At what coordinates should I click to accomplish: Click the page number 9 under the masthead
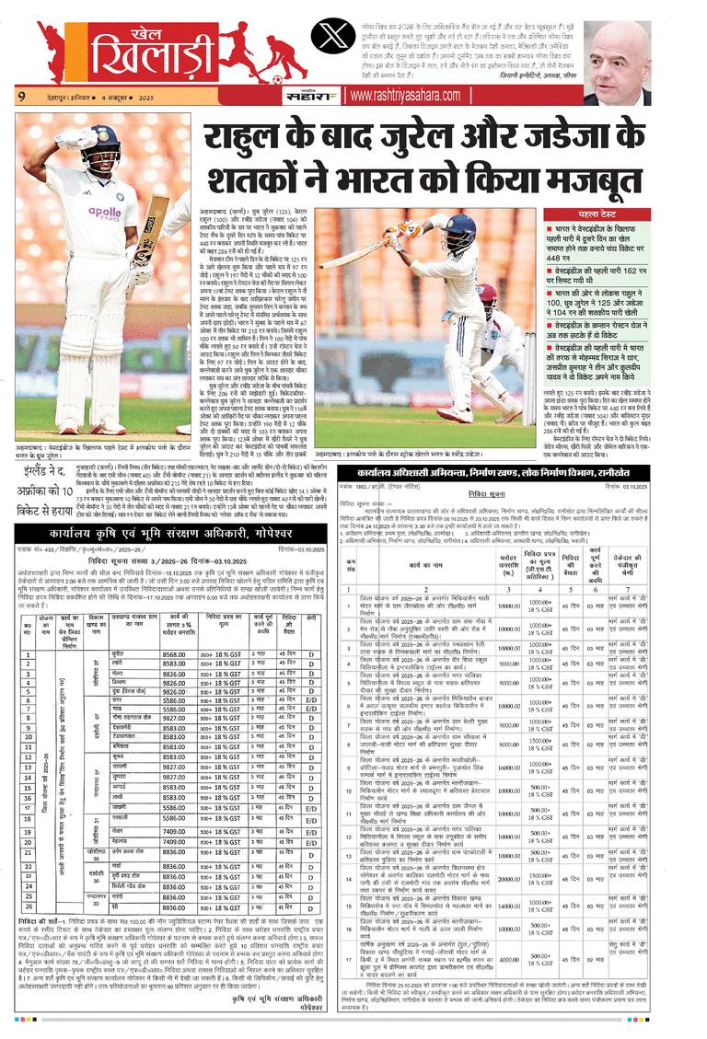pyautogui.click(x=20, y=95)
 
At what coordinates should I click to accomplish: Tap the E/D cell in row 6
pyautogui.click(x=312, y=700)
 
